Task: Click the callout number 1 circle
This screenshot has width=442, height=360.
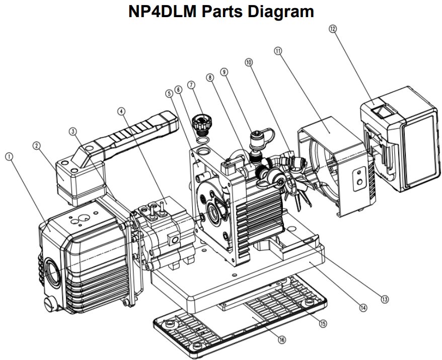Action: [9, 157]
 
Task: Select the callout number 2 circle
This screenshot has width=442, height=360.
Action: [36, 146]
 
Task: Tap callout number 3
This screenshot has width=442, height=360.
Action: [73, 131]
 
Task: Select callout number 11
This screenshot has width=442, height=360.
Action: [278, 51]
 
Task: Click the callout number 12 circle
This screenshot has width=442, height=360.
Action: [332, 29]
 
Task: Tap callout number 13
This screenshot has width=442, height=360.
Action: [385, 299]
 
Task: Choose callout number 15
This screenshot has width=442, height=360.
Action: [324, 323]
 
